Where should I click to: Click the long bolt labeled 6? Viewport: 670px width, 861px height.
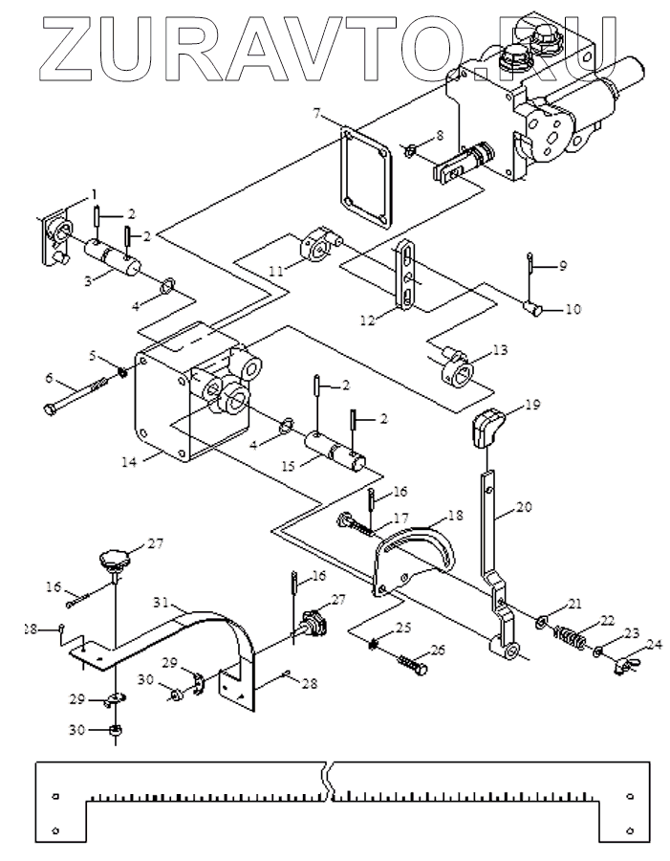pos(76,394)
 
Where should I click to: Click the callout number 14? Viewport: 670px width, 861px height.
pos(129,462)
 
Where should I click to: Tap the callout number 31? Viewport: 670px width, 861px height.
pos(161,603)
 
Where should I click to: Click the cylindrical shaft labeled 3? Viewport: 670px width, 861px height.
pos(113,259)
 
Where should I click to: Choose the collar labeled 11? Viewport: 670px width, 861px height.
pos(320,247)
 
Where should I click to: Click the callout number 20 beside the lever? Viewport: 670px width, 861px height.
pos(525,506)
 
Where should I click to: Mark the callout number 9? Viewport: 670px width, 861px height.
pos(561,265)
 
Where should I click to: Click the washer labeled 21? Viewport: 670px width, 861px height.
pos(542,622)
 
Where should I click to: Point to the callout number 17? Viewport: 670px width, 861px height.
pos(401,518)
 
